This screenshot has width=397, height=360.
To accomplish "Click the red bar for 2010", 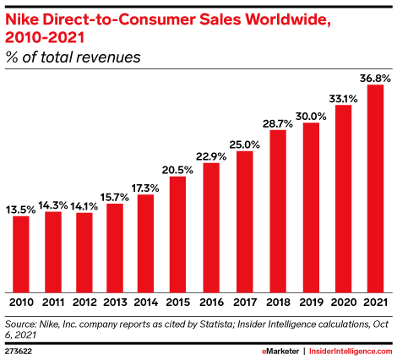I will pos(21,253).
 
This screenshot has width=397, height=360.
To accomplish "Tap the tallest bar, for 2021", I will pos(376,187).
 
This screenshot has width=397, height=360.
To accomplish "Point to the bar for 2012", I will pos(84,251).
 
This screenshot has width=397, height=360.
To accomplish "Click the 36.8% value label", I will pos(376,77).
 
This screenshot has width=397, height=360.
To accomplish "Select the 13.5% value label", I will pos(21,208).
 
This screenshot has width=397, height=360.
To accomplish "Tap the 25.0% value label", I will pos(244,144).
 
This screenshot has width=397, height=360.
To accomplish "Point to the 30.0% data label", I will pos(310,116).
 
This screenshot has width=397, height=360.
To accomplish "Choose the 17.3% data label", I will pos(145,187).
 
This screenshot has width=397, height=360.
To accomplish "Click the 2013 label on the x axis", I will pos(115,301).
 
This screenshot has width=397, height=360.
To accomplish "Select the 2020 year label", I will pos(343,301).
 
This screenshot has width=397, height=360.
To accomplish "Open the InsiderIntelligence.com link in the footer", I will pos(351,348).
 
